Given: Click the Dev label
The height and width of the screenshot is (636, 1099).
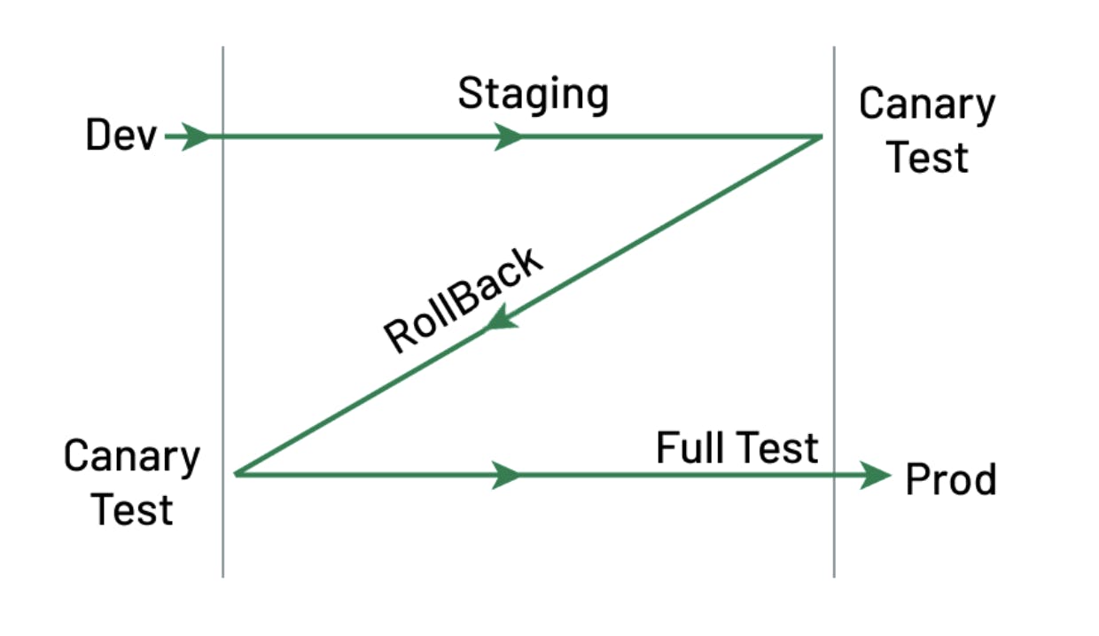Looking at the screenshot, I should pos(121,136).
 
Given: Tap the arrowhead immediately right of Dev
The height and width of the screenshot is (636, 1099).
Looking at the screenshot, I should pos(197,136).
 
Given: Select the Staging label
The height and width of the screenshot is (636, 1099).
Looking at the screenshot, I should pos(533,94).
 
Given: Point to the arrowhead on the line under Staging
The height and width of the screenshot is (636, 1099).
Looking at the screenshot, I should pos(509,136).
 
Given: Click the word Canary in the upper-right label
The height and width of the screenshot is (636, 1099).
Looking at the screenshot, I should pos(927,105).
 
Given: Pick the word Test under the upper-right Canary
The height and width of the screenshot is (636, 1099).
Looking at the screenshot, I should pos(927,157).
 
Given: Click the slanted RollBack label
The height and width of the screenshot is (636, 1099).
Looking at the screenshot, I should pos(463,299).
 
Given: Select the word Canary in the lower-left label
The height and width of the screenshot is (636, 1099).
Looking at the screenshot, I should pos(132,457).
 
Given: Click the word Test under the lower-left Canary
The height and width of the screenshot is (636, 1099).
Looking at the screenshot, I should pos(132,509).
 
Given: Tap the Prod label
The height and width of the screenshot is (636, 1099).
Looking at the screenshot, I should pos(950,479).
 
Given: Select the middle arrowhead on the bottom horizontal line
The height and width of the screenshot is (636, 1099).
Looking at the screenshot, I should pos(508,475).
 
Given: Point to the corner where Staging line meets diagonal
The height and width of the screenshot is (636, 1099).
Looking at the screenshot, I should pos(820,137).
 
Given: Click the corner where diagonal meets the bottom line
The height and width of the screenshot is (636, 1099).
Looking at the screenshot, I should pos(237,474).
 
